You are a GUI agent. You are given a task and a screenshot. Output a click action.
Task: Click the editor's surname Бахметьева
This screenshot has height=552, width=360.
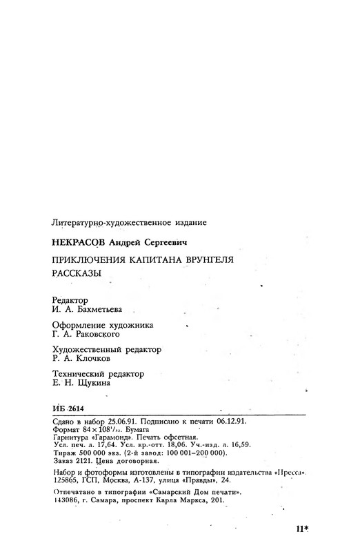coord(104,310)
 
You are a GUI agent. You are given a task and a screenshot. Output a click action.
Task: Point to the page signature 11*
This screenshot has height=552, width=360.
coord(301,529)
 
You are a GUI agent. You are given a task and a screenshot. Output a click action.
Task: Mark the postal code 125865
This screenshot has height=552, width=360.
coord(66,477)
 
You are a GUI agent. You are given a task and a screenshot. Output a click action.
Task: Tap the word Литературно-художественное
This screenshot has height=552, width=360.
coord(96,222)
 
